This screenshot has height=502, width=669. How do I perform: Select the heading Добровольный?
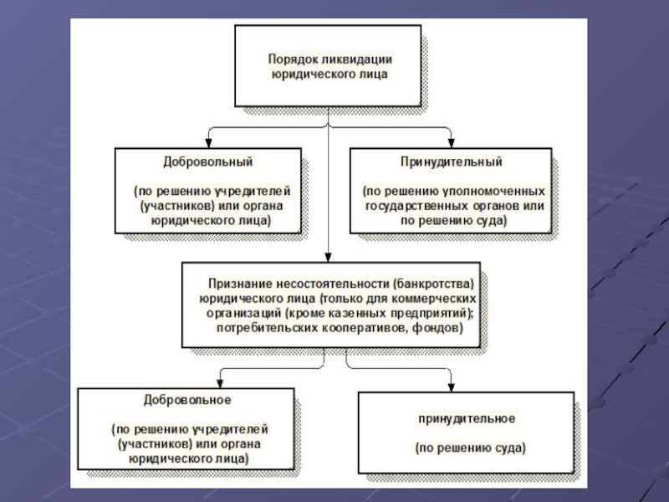(207, 162)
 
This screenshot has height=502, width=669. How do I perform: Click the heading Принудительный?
(451, 162)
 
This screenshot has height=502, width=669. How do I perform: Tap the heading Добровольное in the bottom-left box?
(187, 400)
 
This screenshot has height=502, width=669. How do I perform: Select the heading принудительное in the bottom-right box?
(467, 419)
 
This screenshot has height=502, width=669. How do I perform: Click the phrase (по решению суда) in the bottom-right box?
(470, 448)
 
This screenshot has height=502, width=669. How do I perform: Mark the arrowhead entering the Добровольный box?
(208, 143)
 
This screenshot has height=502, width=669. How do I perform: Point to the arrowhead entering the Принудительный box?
(451, 143)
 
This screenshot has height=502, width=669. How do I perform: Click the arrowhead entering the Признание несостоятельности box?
(328, 258)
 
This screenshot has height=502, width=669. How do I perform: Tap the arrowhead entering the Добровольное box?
(220, 383)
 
